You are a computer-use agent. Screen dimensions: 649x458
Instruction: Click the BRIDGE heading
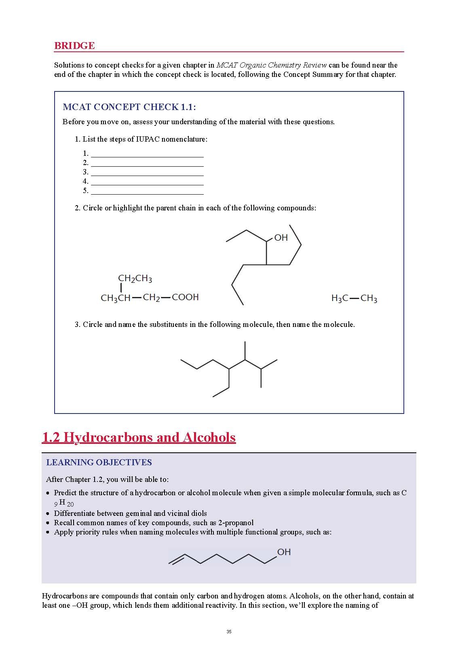[x=74, y=46]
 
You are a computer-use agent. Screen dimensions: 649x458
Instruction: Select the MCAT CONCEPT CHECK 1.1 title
[x=129, y=107]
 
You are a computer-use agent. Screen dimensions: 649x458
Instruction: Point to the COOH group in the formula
[x=185, y=297]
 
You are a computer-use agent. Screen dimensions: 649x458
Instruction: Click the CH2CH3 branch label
[x=135, y=278]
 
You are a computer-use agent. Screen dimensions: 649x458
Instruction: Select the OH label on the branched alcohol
[x=281, y=238]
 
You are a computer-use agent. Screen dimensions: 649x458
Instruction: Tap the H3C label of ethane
[x=340, y=299]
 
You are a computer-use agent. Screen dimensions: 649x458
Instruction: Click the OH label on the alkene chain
[x=284, y=552]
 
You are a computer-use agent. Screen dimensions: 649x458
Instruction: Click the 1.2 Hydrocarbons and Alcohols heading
[x=139, y=437]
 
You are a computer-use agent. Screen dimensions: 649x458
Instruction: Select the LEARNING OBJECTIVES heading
[x=99, y=462]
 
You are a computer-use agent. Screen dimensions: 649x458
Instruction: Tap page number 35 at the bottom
[x=229, y=632]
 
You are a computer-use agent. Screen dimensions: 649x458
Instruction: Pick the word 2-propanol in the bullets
[x=236, y=522]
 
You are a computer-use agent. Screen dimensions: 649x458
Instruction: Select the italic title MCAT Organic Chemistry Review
[x=271, y=65]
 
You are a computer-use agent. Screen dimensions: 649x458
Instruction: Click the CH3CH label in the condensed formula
[x=116, y=298]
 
